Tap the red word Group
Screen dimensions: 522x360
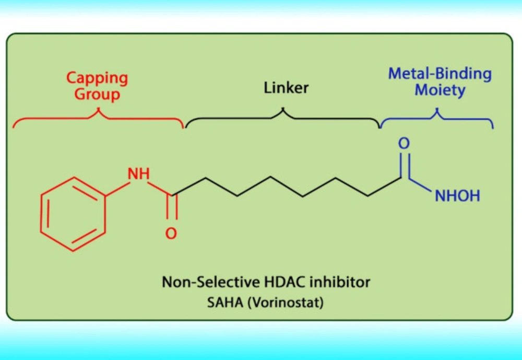pyautogui.click(x=97, y=94)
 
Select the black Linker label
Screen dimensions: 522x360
pyautogui.click(x=286, y=88)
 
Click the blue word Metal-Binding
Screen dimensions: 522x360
pyautogui.click(x=440, y=74)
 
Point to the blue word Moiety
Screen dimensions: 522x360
pyautogui.click(x=440, y=90)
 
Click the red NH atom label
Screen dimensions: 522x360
pyautogui.click(x=139, y=173)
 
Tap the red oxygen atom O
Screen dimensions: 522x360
pyautogui.click(x=171, y=234)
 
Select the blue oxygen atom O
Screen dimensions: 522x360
pyautogui.click(x=404, y=143)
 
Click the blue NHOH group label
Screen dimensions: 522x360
pyautogui.click(x=457, y=195)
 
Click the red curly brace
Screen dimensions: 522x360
pyautogui.click(x=98, y=118)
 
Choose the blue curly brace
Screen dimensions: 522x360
pyautogui.click(x=437, y=118)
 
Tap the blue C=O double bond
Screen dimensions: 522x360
pyautogui.click(x=404, y=166)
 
